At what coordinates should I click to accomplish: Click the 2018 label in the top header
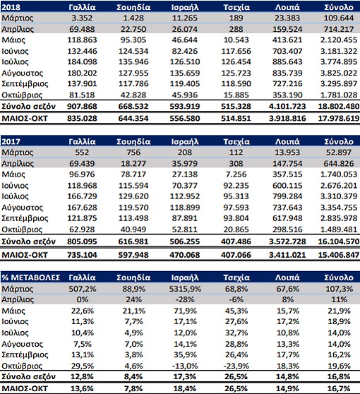[11, 7]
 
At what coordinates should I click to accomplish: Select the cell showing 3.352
[82, 18]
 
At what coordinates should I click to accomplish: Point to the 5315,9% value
[185, 289]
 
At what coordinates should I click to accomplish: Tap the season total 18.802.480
[339, 107]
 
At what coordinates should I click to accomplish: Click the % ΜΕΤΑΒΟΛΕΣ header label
[31, 277]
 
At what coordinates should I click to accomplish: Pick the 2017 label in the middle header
[11, 141]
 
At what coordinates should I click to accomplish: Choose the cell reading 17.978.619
[339, 118]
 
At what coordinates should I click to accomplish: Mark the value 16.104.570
[339, 241]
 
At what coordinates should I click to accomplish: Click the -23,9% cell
[236, 366]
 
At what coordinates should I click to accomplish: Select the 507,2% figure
[83, 289]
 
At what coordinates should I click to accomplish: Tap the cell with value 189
[236, 18]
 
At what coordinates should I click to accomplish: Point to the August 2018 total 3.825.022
[339, 73]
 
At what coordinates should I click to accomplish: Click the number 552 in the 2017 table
[82, 153]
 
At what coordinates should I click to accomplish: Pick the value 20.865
[236, 229]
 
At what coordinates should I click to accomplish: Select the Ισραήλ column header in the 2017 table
[185, 141]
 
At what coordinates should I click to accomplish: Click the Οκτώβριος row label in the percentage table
[22, 366]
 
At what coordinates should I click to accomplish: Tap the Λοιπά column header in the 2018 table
[287, 7]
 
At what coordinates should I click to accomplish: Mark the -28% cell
[185, 299]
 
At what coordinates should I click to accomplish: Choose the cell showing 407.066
[236, 255]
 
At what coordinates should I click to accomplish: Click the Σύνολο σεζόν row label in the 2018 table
[28, 107]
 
